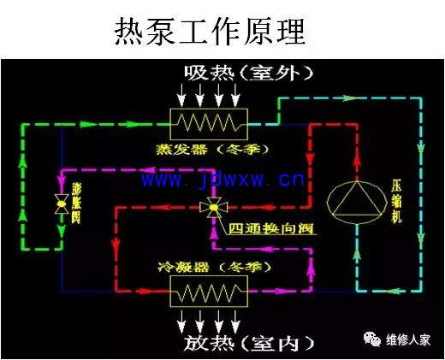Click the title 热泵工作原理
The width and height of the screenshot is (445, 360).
click(210, 31)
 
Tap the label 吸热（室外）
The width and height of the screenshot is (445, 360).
click(249, 73)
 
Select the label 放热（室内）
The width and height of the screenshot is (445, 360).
click(249, 343)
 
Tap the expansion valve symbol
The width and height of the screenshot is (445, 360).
click(62, 204)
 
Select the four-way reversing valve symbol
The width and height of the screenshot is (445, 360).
click(213, 208)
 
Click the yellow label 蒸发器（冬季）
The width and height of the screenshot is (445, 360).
click(212, 150)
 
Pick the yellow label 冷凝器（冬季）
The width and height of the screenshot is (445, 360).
click(214, 268)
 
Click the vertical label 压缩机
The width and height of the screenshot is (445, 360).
click(397, 203)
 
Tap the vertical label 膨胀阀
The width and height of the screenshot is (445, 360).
click(76, 203)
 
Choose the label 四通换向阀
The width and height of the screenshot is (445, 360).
click(271, 228)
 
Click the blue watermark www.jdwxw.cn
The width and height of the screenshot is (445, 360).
click(223, 180)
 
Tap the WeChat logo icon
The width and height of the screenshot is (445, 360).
click(372, 339)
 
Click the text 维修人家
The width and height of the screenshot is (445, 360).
click(408, 339)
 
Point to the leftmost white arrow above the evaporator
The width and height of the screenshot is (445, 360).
click(181, 95)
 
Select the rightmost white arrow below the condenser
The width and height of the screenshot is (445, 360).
click(235, 322)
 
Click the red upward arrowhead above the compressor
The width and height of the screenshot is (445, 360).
click(357, 160)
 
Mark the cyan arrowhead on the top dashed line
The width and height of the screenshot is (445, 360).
click(348, 98)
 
